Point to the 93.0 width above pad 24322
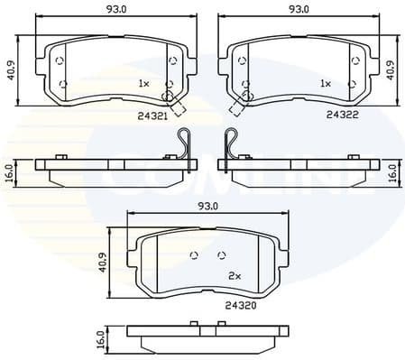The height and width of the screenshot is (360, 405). (299, 11)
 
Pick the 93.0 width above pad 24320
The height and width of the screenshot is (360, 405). (208, 207)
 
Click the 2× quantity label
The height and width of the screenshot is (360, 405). (233, 274)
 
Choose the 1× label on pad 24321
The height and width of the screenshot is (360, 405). (143, 83)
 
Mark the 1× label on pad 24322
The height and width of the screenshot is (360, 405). (326, 83)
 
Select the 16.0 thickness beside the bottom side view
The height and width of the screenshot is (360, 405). (100, 339)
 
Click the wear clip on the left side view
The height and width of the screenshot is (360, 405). (186, 145)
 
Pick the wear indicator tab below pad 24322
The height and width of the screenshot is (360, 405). (237, 107)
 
